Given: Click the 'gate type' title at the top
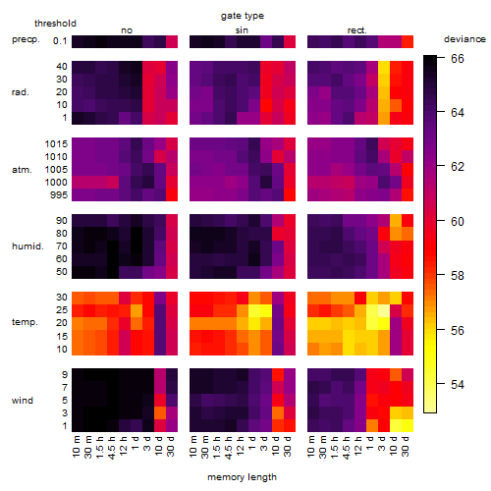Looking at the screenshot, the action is [x=243, y=16].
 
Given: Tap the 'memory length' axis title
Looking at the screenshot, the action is [x=242, y=477].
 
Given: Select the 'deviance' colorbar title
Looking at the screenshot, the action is [x=464, y=39].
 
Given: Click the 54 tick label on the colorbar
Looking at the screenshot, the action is [x=458, y=384].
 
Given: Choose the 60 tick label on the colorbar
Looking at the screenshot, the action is [x=458, y=222].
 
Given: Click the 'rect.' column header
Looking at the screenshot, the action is [x=357, y=30].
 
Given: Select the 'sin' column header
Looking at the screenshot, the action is [x=242, y=30].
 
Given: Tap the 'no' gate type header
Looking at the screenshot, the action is [x=127, y=30].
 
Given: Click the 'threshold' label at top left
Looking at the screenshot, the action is [x=55, y=24].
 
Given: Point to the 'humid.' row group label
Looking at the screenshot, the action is [x=27, y=246].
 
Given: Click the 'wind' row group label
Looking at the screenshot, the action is [x=23, y=401].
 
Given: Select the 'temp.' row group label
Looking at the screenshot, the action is [x=25, y=322].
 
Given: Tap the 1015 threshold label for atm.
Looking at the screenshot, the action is [x=56, y=144].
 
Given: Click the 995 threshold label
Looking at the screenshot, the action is [x=59, y=195].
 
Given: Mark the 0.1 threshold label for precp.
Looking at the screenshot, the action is [x=60, y=41].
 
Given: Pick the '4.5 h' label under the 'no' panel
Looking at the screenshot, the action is [x=112, y=448].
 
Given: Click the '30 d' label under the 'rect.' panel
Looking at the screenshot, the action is [x=406, y=447].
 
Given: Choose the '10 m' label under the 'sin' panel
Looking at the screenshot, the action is [x=194, y=447].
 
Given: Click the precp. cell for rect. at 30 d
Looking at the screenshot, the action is [x=408, y=41].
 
